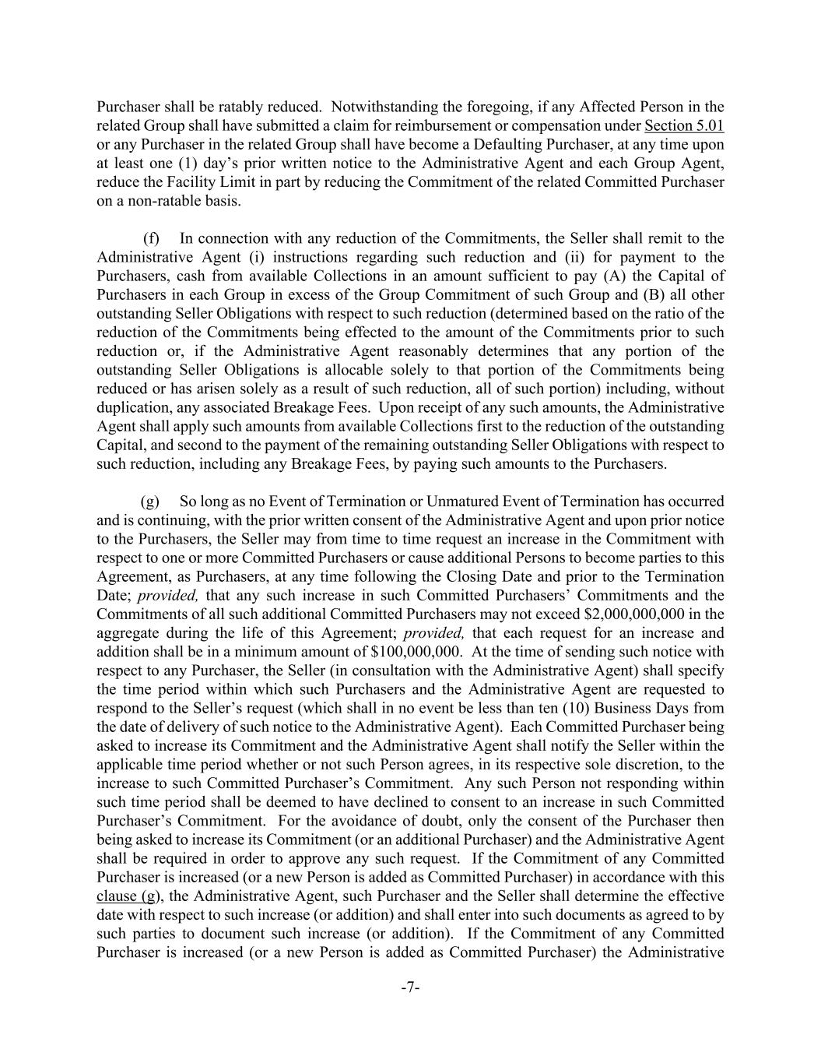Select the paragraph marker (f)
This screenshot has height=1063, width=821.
(x=151, y=239)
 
